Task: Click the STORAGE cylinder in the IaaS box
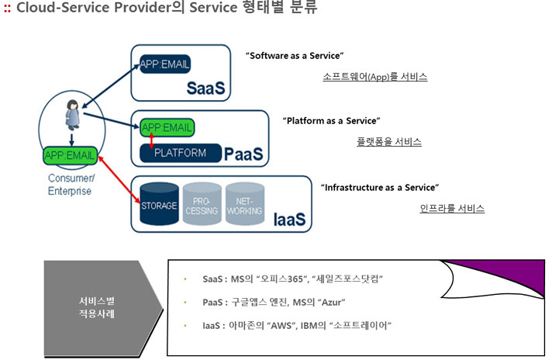point(159,203)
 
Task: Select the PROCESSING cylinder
point(202,203)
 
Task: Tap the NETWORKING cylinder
point(245,203)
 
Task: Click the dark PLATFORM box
point(181,153)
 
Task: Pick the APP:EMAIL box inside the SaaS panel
point(165,64)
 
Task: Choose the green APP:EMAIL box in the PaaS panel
point(167,127)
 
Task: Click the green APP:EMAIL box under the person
point(70,155)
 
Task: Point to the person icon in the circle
point(73,115)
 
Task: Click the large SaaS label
point(205,88)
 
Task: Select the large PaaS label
point(243,154)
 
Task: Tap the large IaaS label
point(289,220)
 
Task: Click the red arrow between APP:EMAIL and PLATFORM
point(152,140)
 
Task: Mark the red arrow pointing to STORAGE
point(119,180)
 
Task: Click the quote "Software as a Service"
point(295,56)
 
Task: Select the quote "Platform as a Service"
point(331,121)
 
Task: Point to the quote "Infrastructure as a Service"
point(380,188)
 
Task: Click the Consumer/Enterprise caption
point(71,185)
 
